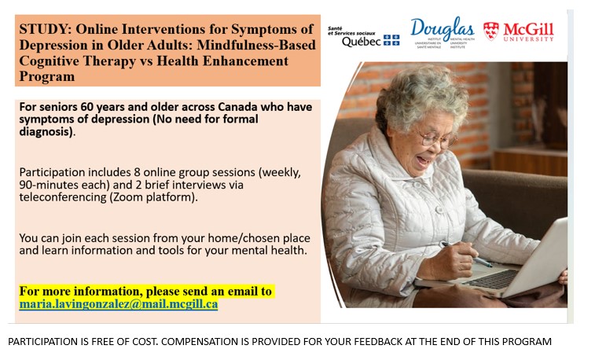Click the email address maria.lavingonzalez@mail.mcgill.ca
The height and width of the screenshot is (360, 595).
119,304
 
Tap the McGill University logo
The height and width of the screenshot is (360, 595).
518,31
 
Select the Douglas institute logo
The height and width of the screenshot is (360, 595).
442,32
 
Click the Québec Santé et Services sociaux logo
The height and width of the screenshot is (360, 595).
364,37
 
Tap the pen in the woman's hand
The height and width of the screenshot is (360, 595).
466,254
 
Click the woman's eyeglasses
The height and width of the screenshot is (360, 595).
436,139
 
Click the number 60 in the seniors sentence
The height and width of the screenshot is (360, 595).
87,107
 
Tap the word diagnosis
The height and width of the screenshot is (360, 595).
46,131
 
